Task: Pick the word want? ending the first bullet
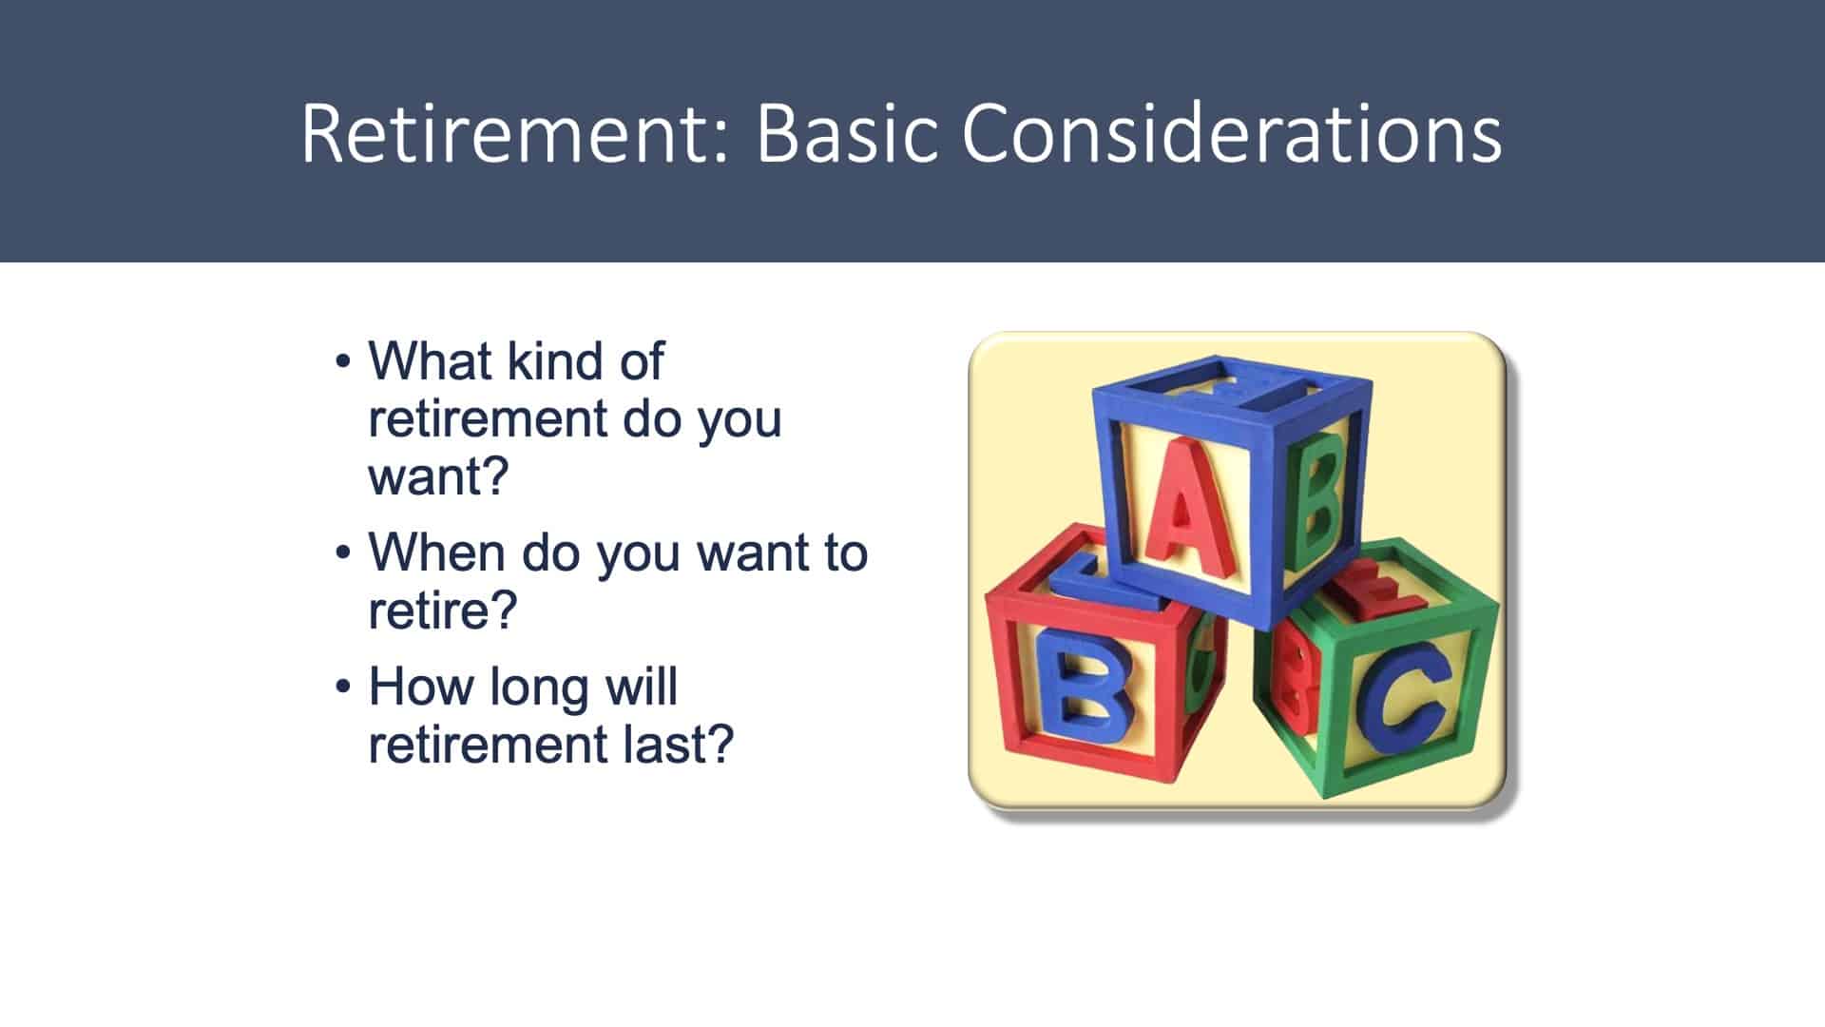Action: [x=439, y=475]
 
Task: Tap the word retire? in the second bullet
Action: [x=443, y=610]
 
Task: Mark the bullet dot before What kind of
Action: [x=344, y=363]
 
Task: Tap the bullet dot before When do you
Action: [x=344, y=554]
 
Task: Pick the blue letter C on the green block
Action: [x=1403, y=692]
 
